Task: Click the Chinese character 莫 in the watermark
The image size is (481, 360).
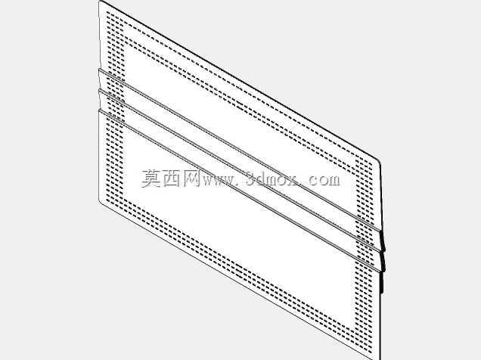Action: tap(151, 178)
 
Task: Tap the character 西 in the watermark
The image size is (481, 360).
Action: tap(172, 178)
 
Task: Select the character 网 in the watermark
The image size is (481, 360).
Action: tap(192, 178)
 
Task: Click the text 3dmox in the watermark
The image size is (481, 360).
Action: tap(272, 178)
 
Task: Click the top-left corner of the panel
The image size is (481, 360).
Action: tap(100, 2)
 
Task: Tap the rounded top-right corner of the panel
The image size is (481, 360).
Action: tap(379, 162)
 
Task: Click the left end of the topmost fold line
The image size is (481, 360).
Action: tap(99, 70)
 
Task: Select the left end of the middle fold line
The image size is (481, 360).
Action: tap(99, 90)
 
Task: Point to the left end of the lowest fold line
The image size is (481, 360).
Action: tap(99, 110)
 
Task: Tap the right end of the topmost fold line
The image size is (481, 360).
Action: tap(382, 230)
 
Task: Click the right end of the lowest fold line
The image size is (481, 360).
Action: tap(383, 272)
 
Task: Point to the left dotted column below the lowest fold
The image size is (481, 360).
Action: tap(115, 160)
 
